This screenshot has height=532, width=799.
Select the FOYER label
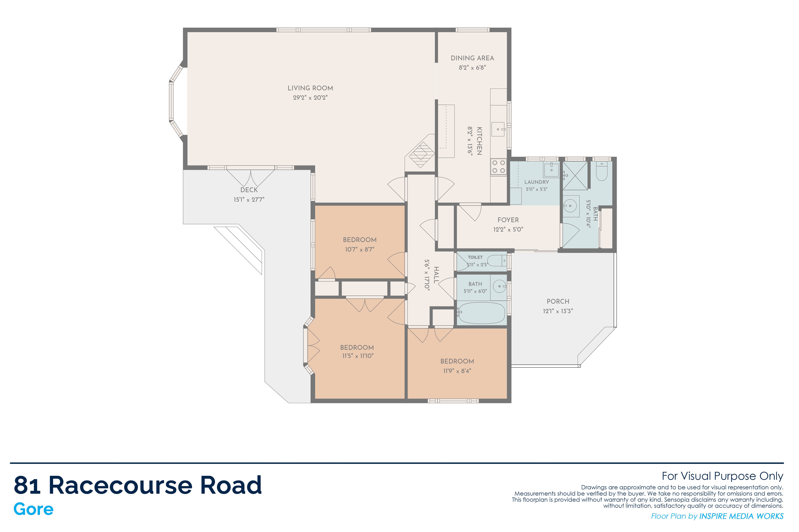point(508,220)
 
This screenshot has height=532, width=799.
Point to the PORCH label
point(558,301)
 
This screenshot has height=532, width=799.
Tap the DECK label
point(249,190)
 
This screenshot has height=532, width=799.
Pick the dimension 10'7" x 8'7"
point(360,249)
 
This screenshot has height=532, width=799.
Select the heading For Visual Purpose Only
point(723,476)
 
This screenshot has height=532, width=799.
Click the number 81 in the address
point(27,485)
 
